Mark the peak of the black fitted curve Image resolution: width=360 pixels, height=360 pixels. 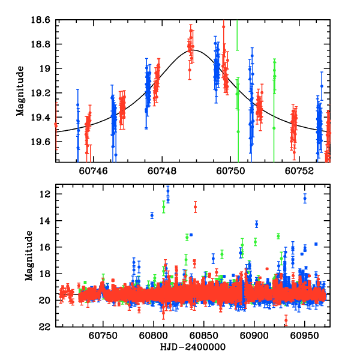coord(194,50)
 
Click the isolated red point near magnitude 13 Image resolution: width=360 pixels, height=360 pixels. coord(195,207)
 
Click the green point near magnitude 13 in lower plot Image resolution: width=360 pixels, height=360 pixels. coord(163,208)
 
